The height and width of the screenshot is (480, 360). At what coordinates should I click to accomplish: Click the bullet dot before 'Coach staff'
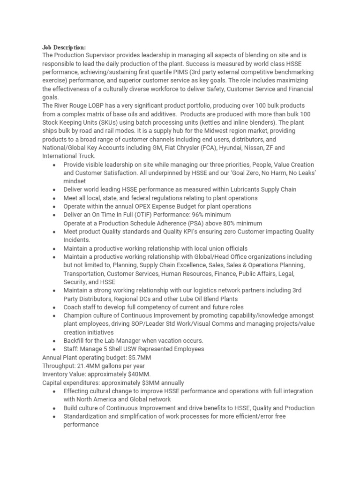(55, 307)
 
